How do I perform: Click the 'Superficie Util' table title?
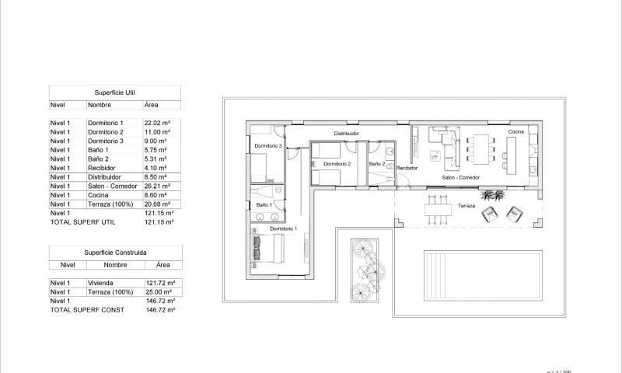[114, 92]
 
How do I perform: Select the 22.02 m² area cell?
[155, 123]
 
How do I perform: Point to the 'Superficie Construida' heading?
[115, 252]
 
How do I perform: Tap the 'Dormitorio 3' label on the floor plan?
[267, 146]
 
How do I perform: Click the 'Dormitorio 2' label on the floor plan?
[337, 164]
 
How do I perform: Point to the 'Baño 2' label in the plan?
[377, 164]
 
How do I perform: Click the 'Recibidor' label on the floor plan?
[407, 167]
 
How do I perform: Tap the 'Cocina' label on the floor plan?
[516, 132]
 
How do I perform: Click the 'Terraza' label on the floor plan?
[466, 206]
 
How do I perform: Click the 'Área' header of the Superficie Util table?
[152, 104]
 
